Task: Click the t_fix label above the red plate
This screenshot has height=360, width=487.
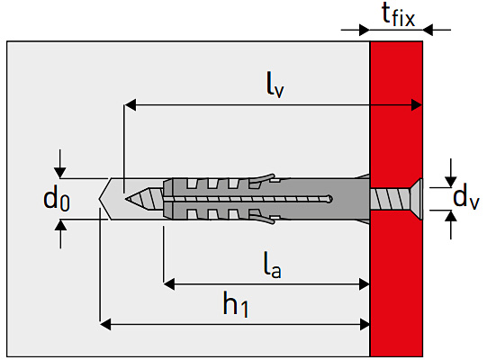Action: tap(396, 14)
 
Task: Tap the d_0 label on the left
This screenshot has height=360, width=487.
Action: tap(56, 198)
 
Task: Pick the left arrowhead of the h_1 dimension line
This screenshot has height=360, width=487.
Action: tap(104, 322)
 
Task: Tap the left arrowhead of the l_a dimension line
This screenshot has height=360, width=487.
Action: tap(169, 283)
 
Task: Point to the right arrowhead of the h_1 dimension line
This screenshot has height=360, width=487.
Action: tap(365, 322)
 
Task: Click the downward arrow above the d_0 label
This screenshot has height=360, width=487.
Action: tap(59, 172)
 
